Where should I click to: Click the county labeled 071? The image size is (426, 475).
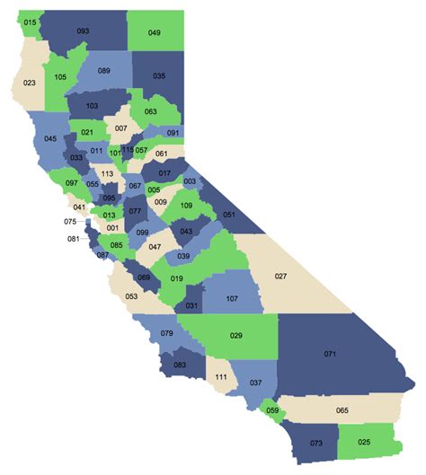tap(330, 355)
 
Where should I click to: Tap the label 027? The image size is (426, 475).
tap(280, 276)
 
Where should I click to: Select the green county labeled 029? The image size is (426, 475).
tap(236, 335)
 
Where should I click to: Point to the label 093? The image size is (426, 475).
tap(83, 31)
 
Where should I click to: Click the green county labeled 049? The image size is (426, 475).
tap(155, 33)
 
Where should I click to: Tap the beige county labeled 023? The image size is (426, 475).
tap(29, 83)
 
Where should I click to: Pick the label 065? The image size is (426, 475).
tap(342, 410)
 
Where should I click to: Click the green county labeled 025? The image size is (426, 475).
tap(364, 443)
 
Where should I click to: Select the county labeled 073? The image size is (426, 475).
tap(315, 444)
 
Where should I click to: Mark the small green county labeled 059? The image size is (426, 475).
tap(272, 412)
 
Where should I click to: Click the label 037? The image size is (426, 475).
tap(256, 383)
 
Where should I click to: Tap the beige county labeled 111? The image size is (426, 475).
tap(221, 377)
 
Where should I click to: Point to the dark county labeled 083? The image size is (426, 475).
tap(180, 364)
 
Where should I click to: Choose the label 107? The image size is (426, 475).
tap(231, 298)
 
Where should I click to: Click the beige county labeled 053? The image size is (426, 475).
tap(131, 295)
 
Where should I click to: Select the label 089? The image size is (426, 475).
tap(103, 70)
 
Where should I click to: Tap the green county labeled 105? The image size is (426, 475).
tap(60, 77)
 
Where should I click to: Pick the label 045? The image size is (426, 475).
tap(49, 138)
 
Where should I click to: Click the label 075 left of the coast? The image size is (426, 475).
tap(70, 221)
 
